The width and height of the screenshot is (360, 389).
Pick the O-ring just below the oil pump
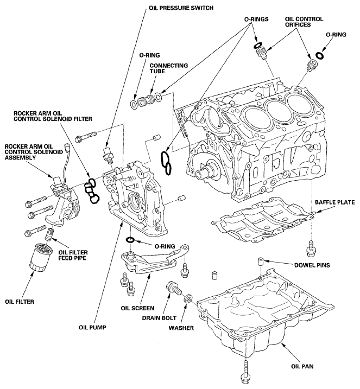point(130,240)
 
